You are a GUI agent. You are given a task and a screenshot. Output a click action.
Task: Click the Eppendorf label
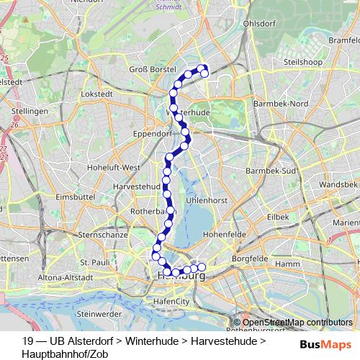coord(148,133)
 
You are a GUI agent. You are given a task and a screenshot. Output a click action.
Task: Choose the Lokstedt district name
coord(97,94)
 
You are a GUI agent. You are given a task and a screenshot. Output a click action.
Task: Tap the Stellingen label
coord(30,112)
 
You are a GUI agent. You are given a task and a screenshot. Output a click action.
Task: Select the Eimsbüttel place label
coord(71,196)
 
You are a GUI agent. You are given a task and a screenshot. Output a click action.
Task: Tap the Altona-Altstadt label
coord(66,276)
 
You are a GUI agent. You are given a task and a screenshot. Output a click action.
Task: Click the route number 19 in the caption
coord(28,340)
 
